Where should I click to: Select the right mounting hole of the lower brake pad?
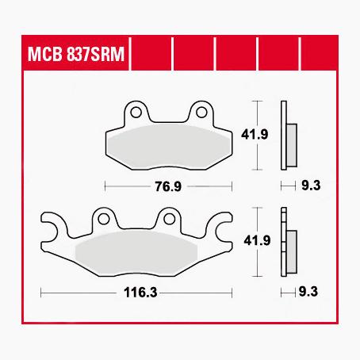[168, 216]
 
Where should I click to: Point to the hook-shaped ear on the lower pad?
[49, 230]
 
